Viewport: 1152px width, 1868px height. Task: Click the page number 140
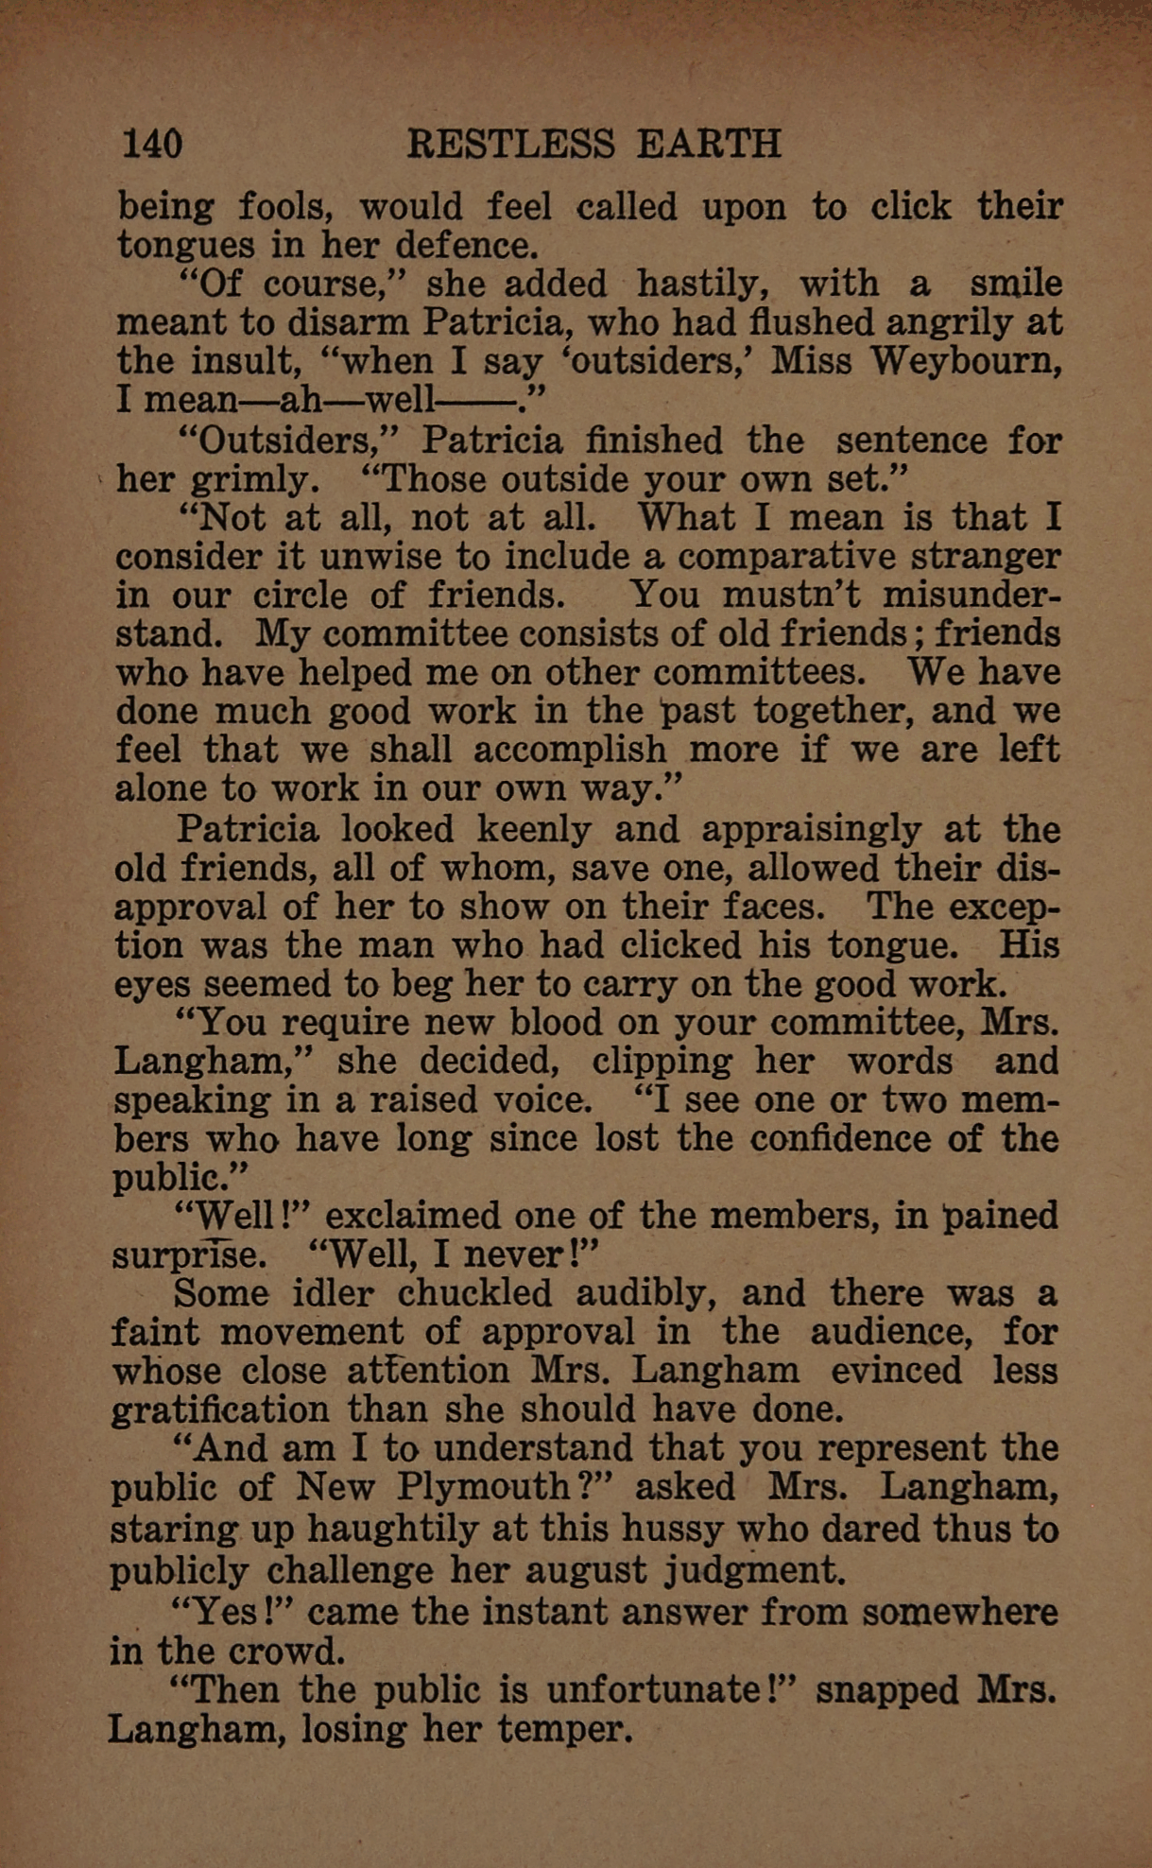(x=152, y=144)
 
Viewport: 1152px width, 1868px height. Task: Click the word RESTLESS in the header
(x=510, y=144)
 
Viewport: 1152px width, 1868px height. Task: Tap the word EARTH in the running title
(x=709, y=144)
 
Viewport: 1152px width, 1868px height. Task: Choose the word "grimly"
(x=253, y=480)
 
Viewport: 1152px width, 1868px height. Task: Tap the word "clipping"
(x=661, y=1062)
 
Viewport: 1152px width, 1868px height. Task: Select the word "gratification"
(x=218, y=1410)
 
